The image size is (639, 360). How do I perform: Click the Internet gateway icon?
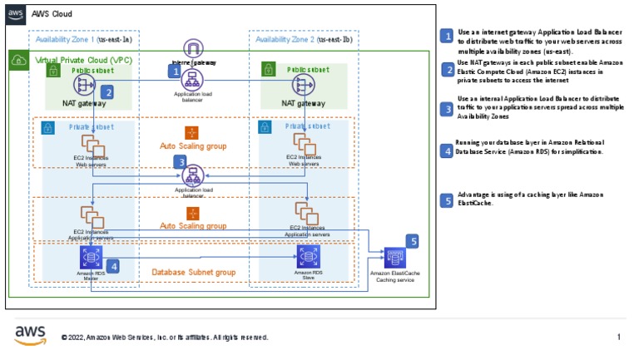[193, 48]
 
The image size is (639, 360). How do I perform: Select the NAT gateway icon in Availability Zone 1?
[86, 85]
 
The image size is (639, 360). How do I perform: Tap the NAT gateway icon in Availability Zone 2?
[302, 85]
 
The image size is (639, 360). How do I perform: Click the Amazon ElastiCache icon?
[394, 259]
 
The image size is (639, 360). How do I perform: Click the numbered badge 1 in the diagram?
[175, 72]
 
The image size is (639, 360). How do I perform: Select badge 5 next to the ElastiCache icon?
[414, 241]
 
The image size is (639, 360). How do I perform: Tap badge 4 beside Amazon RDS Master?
[112, 266]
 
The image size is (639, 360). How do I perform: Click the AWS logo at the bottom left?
[31, 334]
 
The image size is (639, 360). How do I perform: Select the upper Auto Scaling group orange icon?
[192, 131]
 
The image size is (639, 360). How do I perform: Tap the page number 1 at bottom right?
[618, 338]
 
